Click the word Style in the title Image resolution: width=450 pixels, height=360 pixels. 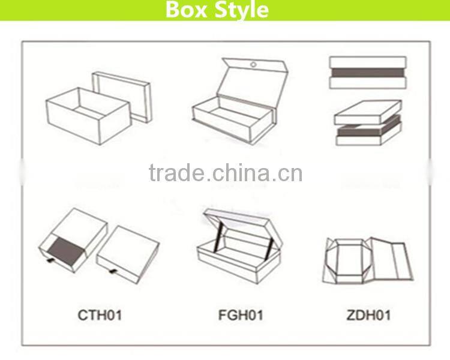241,10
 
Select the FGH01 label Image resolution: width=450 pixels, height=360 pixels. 240,314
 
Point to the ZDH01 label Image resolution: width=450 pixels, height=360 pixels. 368,314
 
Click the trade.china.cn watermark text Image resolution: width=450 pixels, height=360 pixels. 225,173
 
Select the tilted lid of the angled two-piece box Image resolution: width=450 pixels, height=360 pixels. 368,112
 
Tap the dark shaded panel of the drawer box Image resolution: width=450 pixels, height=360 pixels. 62,247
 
